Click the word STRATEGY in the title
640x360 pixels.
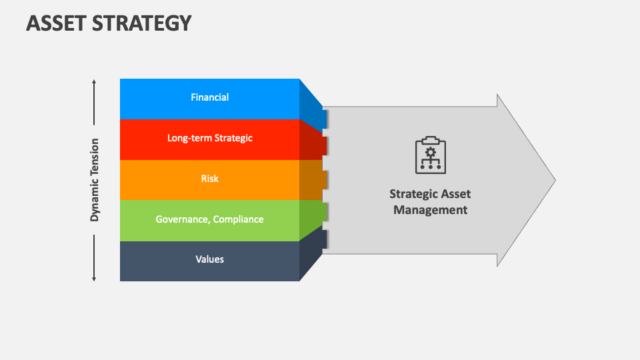click(x=143, y=23)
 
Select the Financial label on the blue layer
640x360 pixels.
click(x=209, y=97)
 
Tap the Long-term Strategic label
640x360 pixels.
click(x=209, y=138)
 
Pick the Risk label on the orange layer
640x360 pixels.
click(x=209, y=179)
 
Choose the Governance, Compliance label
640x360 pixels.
click(x=209, y=219)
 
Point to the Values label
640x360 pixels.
click(x=209, y=259)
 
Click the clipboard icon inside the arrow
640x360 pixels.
click(x=430, y=155)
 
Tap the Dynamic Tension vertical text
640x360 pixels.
click(x=95, y=180)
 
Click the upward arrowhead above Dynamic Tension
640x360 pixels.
click(x=94, y=82)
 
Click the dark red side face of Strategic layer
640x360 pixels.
click(x=312, y=142)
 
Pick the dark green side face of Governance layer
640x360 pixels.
click(x=312, y=215)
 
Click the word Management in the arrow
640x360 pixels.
click(x=430, y=210)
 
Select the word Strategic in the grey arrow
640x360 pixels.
click(x=413, y=194)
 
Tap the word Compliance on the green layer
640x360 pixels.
click(x=238, y=219)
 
